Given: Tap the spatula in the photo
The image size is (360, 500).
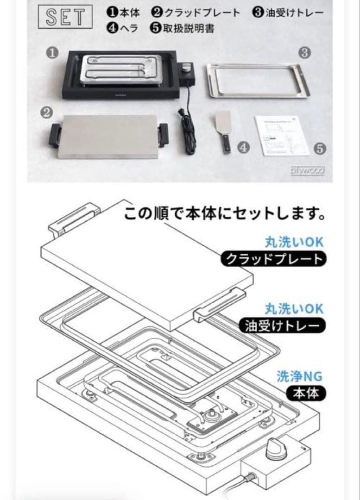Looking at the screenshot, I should (222, 132).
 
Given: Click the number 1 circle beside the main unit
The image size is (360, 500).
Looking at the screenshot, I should (52, 53).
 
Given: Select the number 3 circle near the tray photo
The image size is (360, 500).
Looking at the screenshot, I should (304, 53).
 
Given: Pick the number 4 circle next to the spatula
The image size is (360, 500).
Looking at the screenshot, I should (244, 148).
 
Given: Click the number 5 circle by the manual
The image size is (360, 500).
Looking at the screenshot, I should (320, 149).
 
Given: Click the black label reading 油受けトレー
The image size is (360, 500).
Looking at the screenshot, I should (282, 326).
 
